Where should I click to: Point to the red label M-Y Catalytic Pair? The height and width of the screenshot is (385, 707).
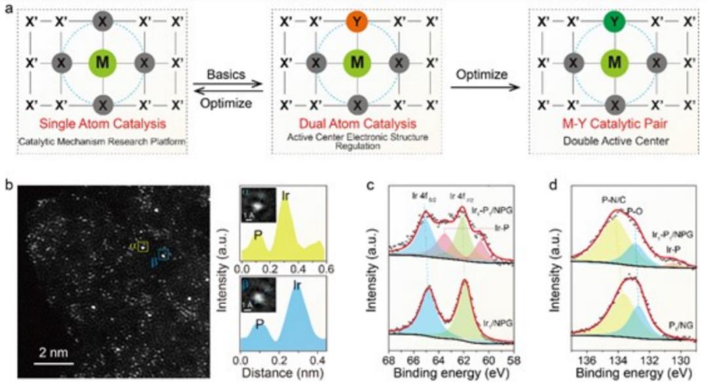(613, 127)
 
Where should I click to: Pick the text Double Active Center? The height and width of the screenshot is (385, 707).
(613, 141)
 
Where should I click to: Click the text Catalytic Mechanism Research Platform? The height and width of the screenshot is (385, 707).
(101, 140)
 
